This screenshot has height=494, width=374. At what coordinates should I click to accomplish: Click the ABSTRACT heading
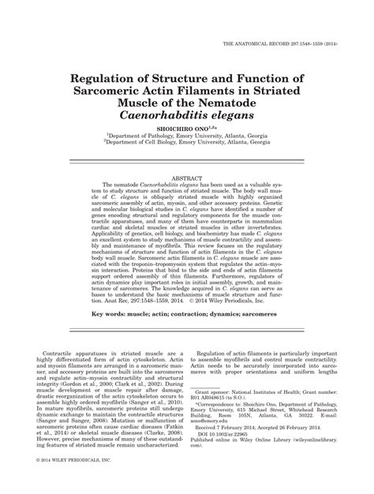coord(187,179)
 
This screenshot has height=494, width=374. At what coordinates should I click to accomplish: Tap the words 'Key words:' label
coord(111,314)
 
